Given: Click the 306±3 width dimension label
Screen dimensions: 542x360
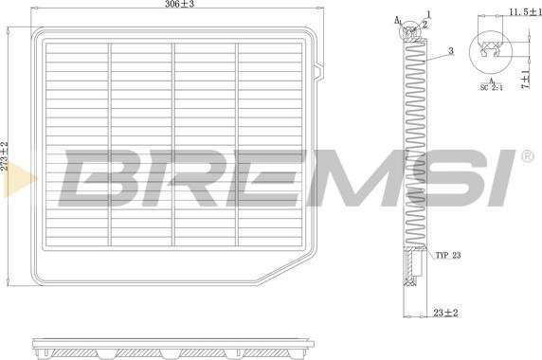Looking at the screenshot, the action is [x=179, y=4].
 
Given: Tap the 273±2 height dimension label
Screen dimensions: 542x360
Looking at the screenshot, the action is [x=4, y=155].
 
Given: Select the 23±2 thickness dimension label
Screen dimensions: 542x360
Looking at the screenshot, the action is [x=445, y=313].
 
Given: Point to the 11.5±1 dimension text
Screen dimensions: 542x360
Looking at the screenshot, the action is [x=525, y=12].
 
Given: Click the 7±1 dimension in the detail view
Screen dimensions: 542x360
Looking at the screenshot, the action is [x=525, y=80].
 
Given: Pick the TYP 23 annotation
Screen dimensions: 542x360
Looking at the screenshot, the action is [x=448, y=256].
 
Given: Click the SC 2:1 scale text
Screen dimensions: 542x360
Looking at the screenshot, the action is [x=492, y=87].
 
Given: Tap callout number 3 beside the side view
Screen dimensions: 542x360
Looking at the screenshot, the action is [x=451, y=51].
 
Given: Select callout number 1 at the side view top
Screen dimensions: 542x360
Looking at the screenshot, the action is [x=428, y=14].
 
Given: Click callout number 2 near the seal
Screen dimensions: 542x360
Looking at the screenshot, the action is [x=425, y=25].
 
